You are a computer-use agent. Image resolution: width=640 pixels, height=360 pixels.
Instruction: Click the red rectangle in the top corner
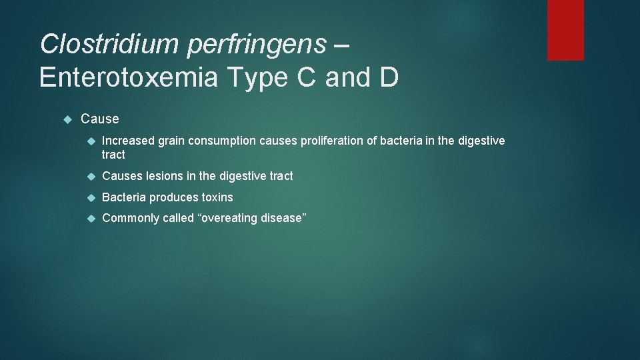[565, 30]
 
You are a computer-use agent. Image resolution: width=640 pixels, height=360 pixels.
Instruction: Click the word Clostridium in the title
[110, 44]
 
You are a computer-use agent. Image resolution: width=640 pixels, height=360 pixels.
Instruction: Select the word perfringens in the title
[257, 45]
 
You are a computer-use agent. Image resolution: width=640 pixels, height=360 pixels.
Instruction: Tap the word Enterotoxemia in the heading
[128, 77]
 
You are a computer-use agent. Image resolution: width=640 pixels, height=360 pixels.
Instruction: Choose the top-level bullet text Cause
[100, 119]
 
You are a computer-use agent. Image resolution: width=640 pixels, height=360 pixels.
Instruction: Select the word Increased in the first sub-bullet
[128, 141]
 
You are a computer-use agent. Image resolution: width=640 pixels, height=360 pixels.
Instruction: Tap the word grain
[171, 141]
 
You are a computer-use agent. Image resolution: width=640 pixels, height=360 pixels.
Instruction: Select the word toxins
[217, 197]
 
